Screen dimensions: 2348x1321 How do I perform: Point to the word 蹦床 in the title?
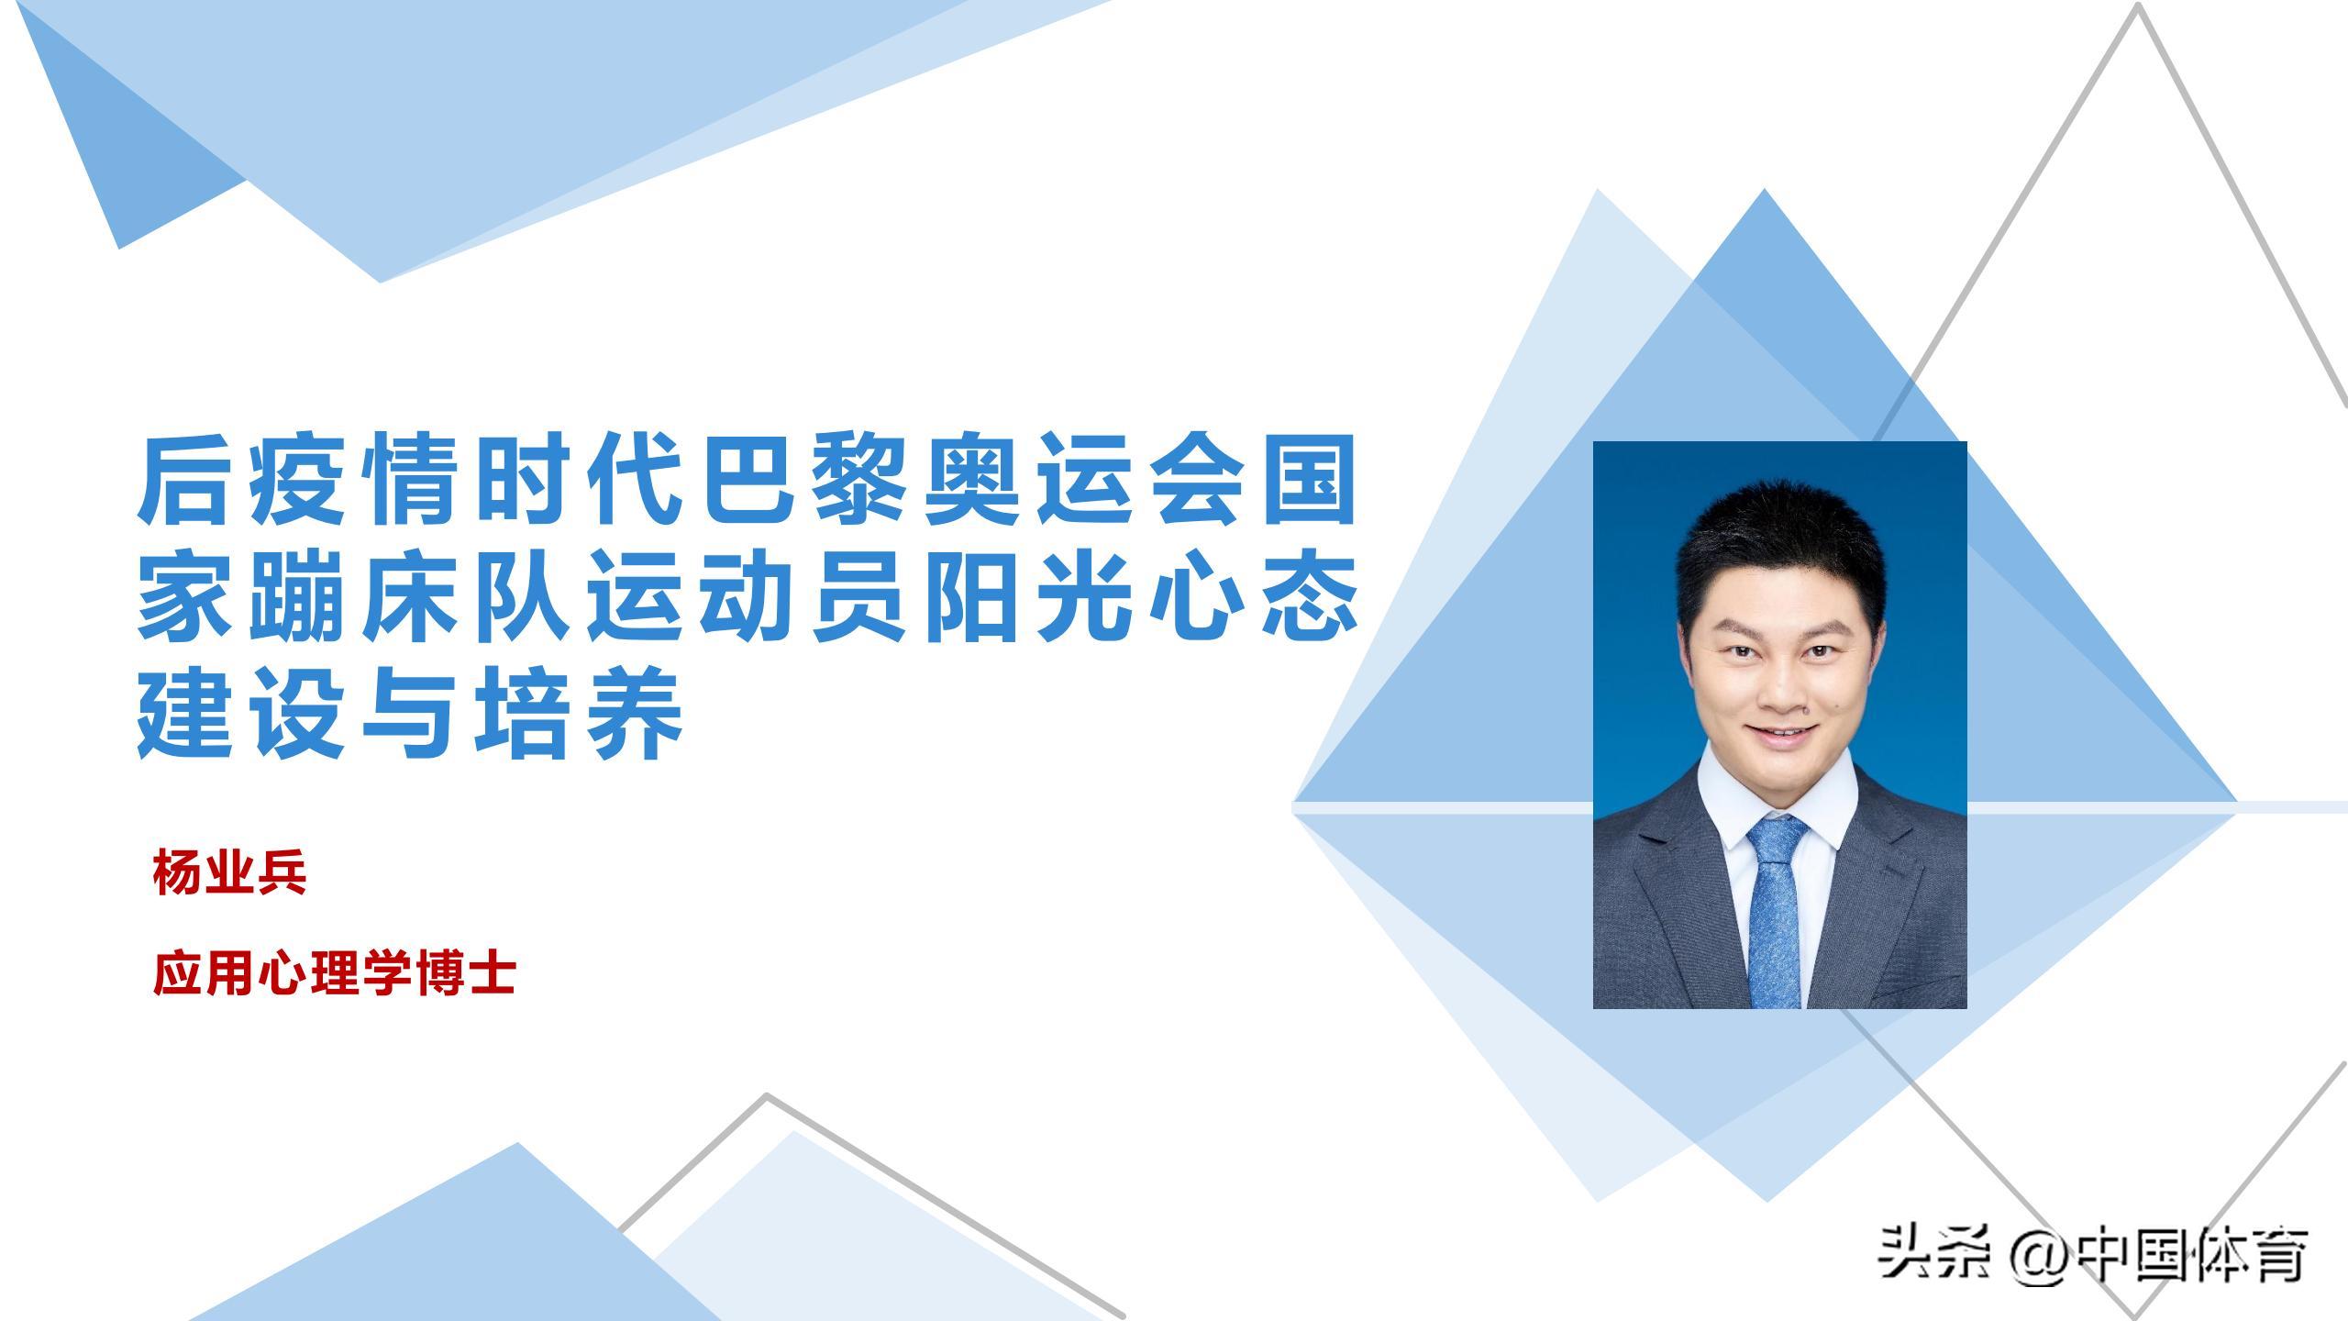point(302,597)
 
